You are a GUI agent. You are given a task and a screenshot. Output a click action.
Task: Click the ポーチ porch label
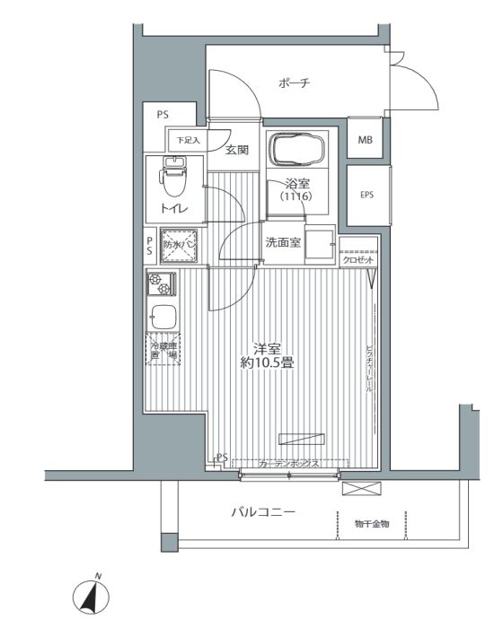point(294,83)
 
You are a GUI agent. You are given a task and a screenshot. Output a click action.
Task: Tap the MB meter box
point(366,140)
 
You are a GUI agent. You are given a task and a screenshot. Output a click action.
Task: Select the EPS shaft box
point(367,195)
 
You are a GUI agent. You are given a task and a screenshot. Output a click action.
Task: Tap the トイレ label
point(173,208)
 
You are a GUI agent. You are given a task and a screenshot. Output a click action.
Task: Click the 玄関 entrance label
point(237,150)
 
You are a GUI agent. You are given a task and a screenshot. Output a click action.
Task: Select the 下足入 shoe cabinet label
point(187,141)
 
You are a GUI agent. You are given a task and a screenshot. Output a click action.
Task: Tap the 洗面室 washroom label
point(282,242)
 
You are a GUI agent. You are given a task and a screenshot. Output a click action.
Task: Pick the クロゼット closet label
point(358,260)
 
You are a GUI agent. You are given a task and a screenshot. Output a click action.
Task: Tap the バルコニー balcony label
point(261,513)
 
